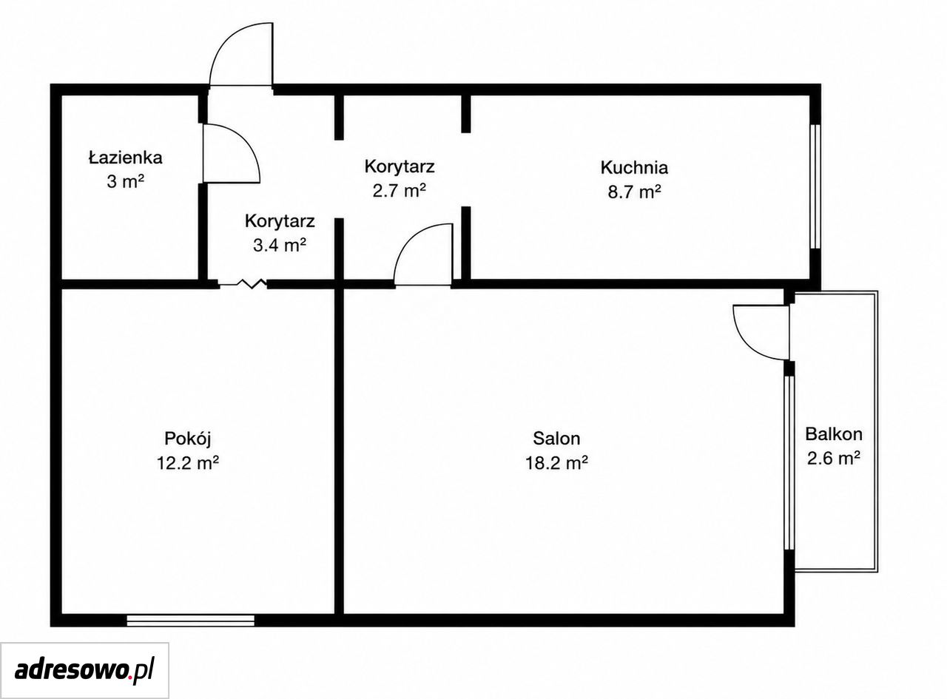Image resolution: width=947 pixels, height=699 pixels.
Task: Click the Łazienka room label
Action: coord(126,158)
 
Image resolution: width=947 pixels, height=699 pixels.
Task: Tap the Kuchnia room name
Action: coord(634,167)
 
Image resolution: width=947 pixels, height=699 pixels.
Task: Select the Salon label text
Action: coord(556,439)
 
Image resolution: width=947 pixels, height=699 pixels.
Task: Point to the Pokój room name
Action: coord(188,439)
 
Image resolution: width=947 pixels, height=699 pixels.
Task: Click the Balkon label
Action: coord(834,434)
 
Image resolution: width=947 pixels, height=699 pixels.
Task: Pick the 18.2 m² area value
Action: coord(556,462)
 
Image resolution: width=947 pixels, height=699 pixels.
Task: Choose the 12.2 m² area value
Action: coord(188,462)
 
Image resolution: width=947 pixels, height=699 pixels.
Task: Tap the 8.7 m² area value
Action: coord(635,192)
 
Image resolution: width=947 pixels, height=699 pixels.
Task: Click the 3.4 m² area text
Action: coord(280,245)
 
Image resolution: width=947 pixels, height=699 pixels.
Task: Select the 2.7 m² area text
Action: coord(400,190)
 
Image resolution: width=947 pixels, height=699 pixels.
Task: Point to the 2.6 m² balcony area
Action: coord(833,458)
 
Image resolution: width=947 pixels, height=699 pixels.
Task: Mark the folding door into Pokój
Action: coord(243,283)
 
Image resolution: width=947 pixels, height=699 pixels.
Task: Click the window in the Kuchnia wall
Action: coord(815,186)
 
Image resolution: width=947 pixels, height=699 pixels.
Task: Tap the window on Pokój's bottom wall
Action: coord(190,621)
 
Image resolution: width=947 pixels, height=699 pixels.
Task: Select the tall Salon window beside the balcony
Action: coord(789,462)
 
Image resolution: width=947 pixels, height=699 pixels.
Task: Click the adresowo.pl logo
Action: coord(84,671)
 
